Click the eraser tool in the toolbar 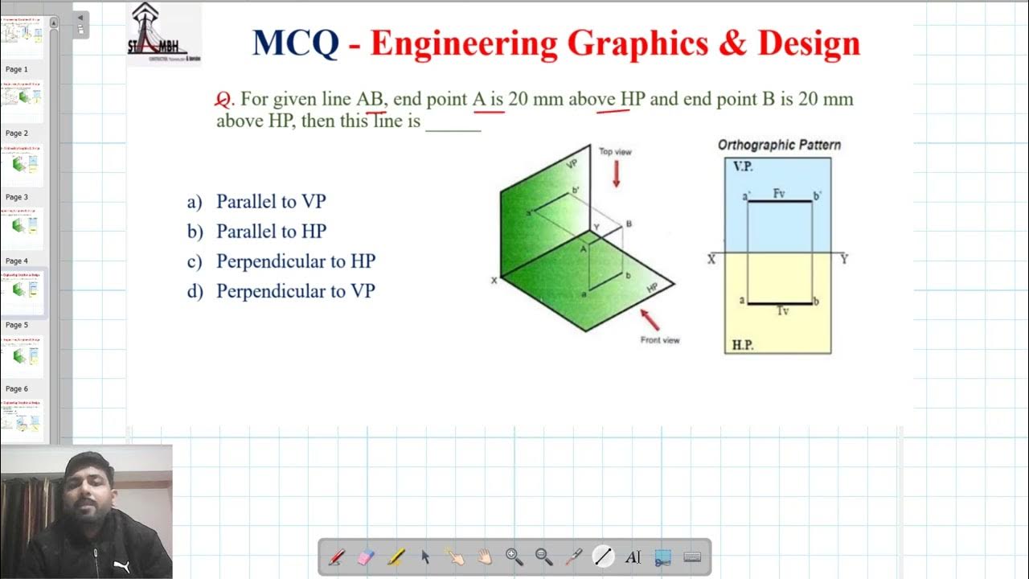366,556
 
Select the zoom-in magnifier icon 514,556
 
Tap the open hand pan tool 485,556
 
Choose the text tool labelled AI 633,556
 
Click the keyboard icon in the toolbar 692,556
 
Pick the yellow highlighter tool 396,556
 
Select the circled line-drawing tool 603,556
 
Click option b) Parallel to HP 271,232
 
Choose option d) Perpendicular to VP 295,291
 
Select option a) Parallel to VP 271,202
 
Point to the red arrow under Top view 617,174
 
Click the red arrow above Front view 650,319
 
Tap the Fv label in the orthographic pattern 779,194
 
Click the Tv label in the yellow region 781,310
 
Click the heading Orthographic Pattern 779,146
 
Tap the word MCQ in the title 295,43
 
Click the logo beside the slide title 164,34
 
